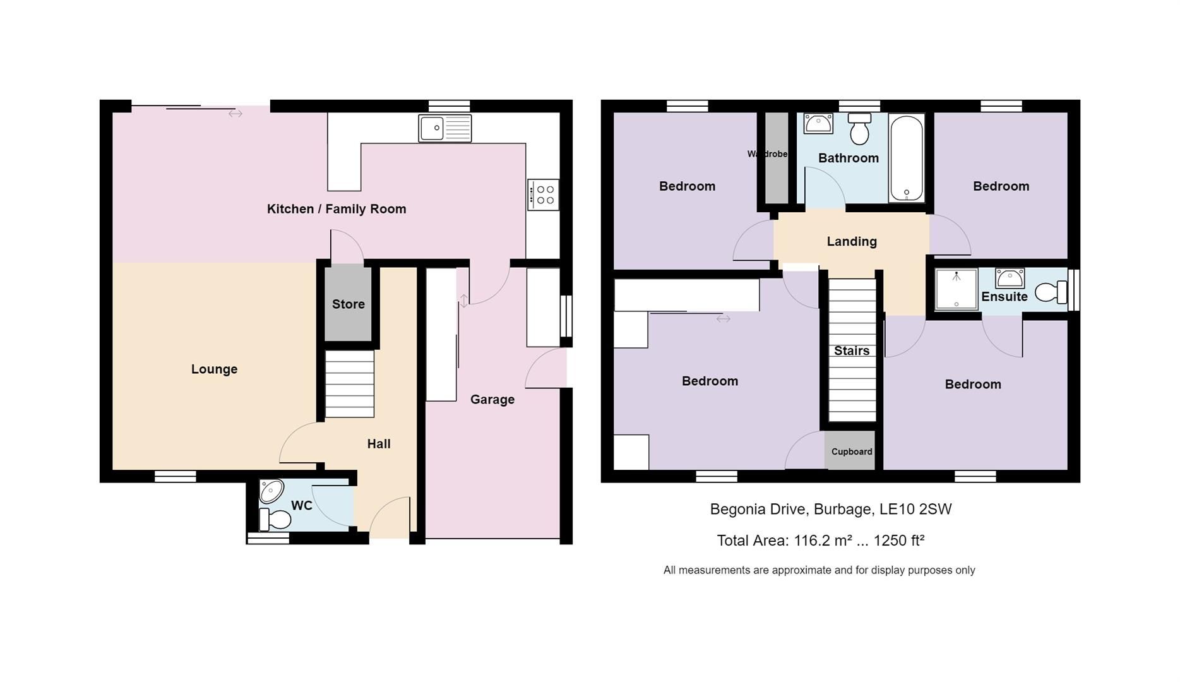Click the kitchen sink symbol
444,128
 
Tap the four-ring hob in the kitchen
543,194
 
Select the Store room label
349,304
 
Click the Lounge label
214,369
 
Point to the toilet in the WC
275,520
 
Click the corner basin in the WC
272,491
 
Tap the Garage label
492,400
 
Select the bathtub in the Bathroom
906,158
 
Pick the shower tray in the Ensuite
956,289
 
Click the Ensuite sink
1010,278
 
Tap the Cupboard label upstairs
851,452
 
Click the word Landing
851,241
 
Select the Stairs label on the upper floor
851,351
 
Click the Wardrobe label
767,154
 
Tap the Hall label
378,444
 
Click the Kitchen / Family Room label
336,209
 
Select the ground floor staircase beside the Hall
349,384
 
